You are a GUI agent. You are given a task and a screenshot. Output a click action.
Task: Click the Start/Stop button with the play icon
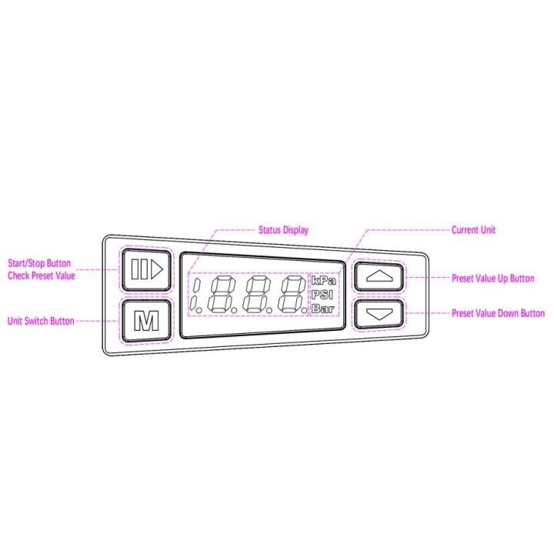click(146, 270)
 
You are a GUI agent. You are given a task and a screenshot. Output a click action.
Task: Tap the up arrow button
click(379, 277)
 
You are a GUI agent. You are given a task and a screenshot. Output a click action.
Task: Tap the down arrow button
click(379, 314)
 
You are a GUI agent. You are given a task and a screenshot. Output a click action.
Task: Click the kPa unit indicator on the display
click(324, 281)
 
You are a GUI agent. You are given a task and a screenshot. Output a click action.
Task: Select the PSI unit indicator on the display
click(322, 295)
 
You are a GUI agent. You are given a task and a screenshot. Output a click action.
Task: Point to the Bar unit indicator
click(323, 309)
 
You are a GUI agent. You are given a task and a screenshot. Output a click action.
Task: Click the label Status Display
click(283, 230)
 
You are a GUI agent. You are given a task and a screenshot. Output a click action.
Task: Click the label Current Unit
click(473, 230)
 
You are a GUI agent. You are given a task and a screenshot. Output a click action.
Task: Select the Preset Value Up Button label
click(493, 279)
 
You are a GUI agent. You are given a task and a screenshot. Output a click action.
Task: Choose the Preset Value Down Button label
click(498, 313)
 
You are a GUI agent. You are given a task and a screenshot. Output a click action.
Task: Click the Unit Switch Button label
click(41, 321)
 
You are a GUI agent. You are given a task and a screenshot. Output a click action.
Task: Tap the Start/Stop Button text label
click(39, 263)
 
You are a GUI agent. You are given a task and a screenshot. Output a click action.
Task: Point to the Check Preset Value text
click(42, 275)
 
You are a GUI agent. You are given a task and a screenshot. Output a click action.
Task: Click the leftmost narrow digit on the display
click(195, 294)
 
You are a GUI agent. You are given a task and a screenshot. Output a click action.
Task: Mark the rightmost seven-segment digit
click(292, 294)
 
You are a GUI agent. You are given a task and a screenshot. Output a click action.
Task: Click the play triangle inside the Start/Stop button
click(157, 270)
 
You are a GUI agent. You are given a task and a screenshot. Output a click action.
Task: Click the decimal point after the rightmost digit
click(305, 310)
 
